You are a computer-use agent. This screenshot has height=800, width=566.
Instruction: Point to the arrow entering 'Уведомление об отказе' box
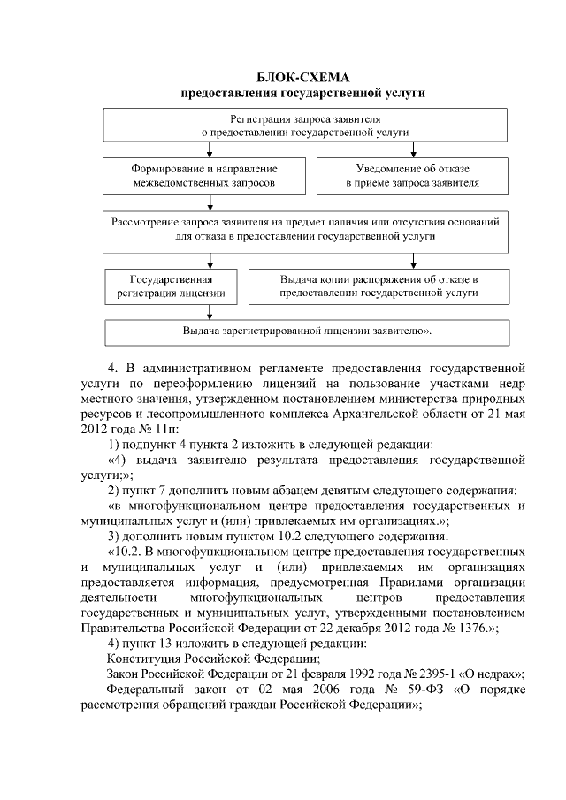click(412, 151)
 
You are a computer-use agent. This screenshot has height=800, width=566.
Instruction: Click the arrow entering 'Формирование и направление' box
click(210, 151)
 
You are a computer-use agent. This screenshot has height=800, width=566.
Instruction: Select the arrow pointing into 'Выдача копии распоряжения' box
click(412, 260)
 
